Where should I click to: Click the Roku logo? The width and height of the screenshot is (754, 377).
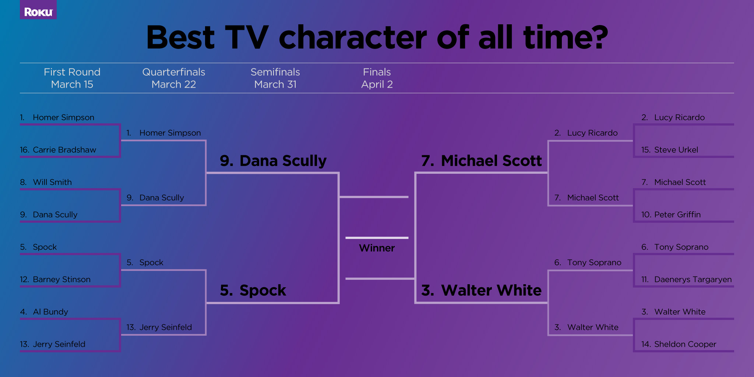tap(38, 12)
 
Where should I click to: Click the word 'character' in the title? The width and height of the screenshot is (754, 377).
tap(353, 38)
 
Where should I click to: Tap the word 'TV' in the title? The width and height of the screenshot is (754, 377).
tap(247, 38)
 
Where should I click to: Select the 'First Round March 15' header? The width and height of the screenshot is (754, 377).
tap(72, 78)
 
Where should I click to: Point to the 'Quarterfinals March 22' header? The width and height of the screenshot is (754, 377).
tap(174, 78)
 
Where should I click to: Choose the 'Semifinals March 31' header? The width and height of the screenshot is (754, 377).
tap(275, 78)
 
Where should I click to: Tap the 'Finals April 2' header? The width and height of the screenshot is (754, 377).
tap(377, 78)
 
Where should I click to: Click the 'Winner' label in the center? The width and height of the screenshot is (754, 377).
tap(377, 248)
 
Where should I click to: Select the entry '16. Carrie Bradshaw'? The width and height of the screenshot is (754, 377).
tap(58, 150)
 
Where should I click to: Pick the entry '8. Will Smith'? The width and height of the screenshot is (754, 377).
tap(46, 182)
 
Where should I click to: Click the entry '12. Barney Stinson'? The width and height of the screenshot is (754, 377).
tap(55, 279)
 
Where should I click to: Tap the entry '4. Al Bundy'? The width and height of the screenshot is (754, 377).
tap(44, 312)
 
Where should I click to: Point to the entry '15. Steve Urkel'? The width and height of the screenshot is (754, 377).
tap(669, 150)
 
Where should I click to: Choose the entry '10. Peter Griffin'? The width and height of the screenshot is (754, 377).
tap(671, 215)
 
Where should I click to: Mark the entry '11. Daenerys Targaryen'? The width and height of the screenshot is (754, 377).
tap(686, 279)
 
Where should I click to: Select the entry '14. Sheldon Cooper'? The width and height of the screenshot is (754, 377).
tap(679, 344)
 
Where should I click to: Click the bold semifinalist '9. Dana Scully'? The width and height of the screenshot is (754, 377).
tap(273, 161)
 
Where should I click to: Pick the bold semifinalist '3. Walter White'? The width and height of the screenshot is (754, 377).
tap(481, 290)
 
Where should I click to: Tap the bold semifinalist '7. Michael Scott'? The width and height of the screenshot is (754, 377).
tap(481, 161)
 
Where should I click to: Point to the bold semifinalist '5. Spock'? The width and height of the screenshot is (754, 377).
tap(253, 291)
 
